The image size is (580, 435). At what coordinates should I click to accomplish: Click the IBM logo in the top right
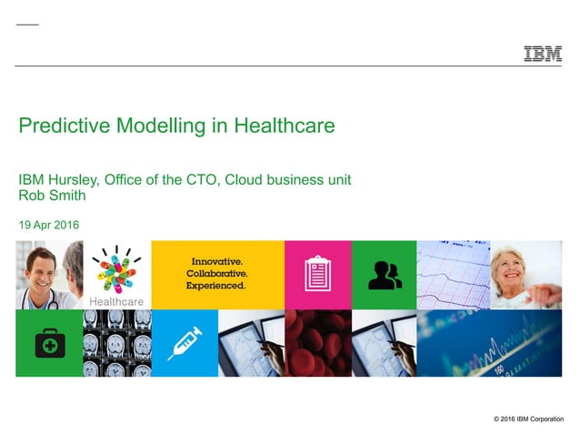pyautogui.click(x=542, y=54)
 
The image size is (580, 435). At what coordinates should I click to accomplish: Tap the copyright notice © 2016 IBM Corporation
pyautogui.click(x=527, y=419)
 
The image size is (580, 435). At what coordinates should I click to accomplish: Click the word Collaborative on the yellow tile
pyautogui.click(x=217, y=273)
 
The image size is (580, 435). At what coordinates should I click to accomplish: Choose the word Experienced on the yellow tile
pyautogui.click(x=215, y=286)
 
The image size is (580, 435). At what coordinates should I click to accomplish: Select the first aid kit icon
pyautogui.click(x=49, y=343)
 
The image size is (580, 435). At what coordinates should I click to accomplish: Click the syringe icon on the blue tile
pyautogui.click(x=185, y=343)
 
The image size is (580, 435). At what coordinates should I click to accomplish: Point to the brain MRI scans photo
pyautogui.click(x=116, y=343)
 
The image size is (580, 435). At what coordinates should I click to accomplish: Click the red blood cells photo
pyautogui.click(x=317, y=343)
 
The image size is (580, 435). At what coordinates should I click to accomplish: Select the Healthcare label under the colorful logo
pyautogui.click(x=116, y=301)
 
